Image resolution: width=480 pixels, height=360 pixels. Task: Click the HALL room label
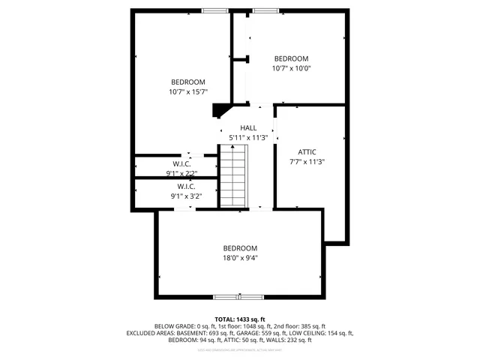(248, 128)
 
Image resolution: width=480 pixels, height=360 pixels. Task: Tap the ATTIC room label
(307, 151)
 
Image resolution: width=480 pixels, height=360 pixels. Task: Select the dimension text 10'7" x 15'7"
(187, 92)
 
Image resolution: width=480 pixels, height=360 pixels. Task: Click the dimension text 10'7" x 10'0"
(290, 68)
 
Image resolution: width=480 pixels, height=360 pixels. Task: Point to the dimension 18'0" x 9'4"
(240, 258)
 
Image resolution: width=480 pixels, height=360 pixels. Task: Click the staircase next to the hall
(234, 178)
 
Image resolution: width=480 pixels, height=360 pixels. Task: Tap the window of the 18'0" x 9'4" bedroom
(240, 296)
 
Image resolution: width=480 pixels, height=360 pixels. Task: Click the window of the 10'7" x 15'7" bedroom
(215, 10)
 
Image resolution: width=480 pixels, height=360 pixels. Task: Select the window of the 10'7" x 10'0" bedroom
(264, 10)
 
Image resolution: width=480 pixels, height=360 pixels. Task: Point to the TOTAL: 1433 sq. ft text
(240, 319)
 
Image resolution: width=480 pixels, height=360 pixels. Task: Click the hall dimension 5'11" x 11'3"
(248, 138)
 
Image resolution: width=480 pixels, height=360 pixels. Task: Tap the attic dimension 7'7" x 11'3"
(307, 161)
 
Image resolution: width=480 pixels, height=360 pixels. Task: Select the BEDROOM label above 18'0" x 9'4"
(240, 248)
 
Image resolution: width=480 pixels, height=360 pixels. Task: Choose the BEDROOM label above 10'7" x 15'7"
(187, 82)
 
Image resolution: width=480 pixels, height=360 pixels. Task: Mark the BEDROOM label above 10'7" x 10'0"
(290, 58)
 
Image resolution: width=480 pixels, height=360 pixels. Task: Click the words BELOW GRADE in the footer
(173, 326)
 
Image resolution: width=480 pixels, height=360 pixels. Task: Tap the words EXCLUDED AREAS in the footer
(152, 333)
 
